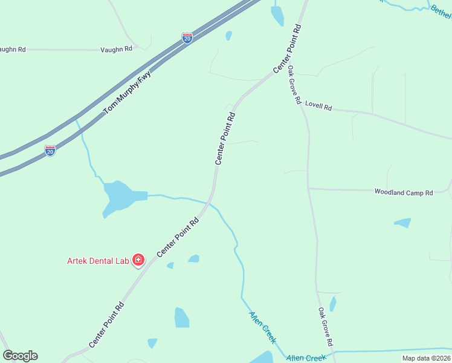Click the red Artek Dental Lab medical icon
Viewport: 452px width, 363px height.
tap(138, 260)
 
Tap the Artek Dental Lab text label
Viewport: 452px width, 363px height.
tap(98, 261)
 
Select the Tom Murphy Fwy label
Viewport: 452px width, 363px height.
tap(128, 93)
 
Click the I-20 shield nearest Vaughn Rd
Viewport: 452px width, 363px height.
tap(187, 38)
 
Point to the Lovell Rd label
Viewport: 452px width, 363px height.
tap(318, 106)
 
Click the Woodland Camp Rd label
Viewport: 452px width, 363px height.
tap(404, 192)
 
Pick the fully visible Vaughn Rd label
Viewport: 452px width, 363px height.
tap(117, 48)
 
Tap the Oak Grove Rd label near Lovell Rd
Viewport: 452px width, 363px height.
tap(294, 85)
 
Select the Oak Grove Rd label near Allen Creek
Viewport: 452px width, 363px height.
tap(326, 327)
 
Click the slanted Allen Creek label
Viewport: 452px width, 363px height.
tap(263, 327)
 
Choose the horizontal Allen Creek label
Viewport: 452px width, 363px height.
tap(306, 358)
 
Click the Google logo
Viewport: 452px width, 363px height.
tap(20, 356)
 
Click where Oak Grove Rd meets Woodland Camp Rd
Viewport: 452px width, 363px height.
tap(309, 188)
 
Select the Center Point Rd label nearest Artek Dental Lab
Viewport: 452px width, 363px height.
tap(178, 238)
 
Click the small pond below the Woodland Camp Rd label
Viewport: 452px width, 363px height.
tap(403, 223)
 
